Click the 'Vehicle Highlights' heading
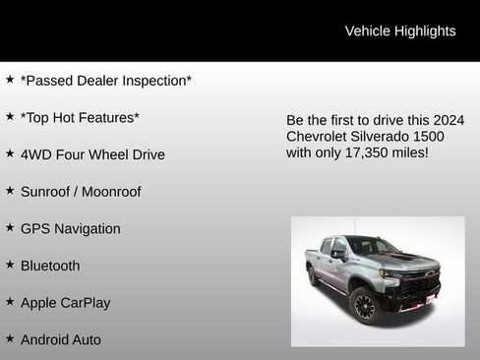400,31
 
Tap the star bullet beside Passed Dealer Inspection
10,80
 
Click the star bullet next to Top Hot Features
10,117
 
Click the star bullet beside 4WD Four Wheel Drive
10,154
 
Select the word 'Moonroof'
111,192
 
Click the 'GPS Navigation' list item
71,229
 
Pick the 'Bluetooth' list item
50,266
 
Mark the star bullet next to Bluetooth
10,266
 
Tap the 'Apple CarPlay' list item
65,303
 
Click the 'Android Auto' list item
61,340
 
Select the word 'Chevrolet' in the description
317,137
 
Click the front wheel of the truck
364,306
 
